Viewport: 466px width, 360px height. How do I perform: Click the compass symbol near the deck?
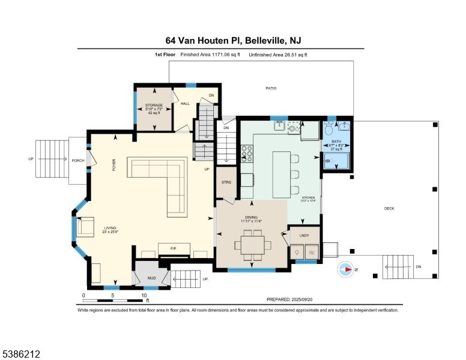(x=346, y=269)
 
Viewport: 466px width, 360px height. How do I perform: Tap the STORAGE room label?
(x=154, y=105)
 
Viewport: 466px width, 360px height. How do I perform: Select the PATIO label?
(x=271, y=88)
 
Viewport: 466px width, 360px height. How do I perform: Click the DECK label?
(x=389, y=208)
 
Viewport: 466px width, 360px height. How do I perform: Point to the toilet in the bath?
(x=328, y=129)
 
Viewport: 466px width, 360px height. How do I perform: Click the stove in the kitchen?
(x=246, y=154)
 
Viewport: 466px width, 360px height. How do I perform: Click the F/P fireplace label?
(x=173, y=247)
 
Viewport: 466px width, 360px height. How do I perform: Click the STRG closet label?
(x=226, y=182)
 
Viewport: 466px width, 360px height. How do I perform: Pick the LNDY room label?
(x=304, y=235)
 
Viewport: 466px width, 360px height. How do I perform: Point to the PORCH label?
(x=78, y=160)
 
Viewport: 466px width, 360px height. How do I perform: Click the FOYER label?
(x=113, y=166)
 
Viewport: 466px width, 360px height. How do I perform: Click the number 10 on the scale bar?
(x=144, y=295)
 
